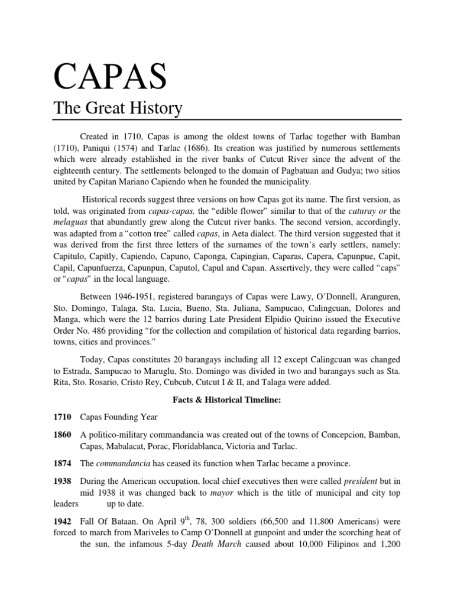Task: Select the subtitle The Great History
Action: click(x=118, y=109)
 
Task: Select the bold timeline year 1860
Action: click(x=63, y=435)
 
